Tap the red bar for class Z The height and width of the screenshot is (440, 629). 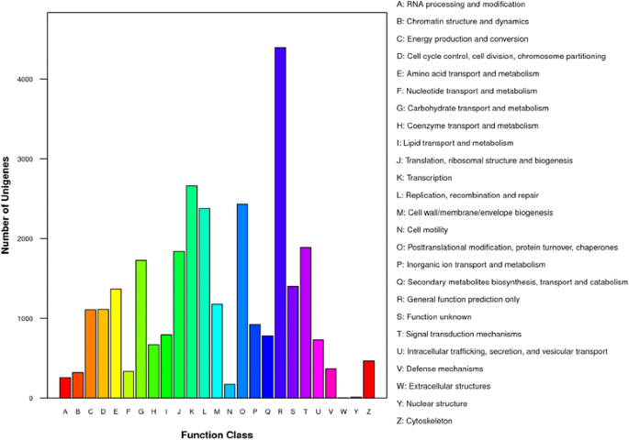click(368, 379)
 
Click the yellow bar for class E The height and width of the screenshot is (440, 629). click(116, 343)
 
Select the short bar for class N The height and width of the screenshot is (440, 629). click(230, 390)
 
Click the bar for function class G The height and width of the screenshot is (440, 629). click(141, 329)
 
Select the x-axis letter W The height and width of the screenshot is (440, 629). click(343, 412)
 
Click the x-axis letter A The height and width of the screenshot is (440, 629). click(65, 412)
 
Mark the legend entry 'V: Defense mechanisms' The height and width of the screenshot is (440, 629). click(444, 368)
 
